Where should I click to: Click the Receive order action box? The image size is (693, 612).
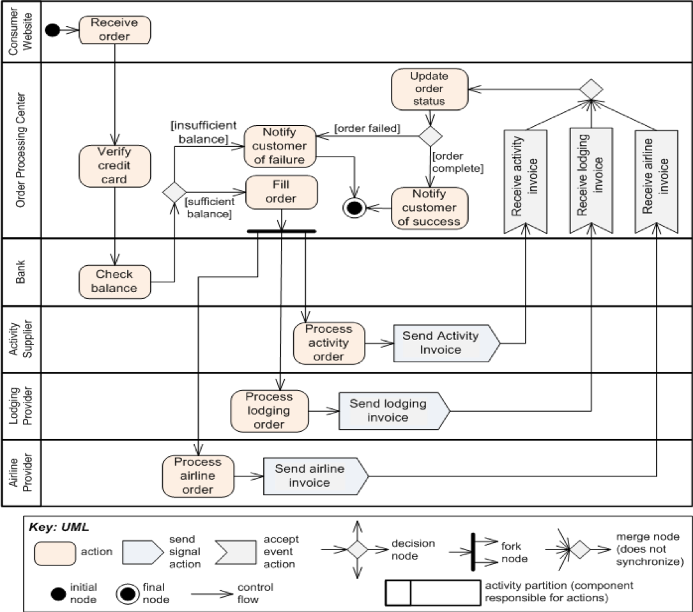point(115,30)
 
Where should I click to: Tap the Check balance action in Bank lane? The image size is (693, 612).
point(115,281)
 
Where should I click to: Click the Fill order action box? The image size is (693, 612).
point(281,192)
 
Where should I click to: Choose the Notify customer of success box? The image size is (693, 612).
point(429,208)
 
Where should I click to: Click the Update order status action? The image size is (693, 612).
point(429,88)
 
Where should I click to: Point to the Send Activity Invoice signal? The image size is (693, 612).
point(441,343)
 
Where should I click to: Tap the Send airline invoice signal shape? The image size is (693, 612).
point(310,476)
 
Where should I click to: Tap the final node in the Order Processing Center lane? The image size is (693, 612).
point(353,208)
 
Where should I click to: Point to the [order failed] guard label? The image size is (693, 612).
point(367,129)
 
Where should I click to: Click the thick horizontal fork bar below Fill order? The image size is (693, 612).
point(281,231)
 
